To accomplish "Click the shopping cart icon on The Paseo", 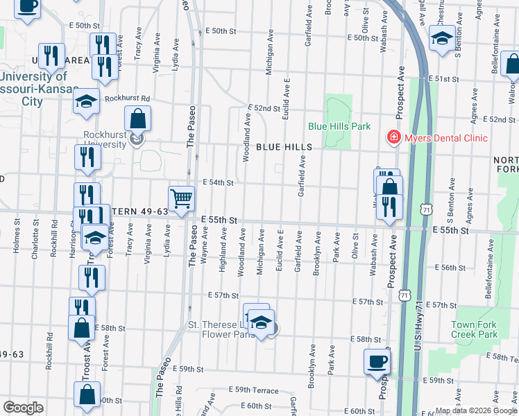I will click(181, 199).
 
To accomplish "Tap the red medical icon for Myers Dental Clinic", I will click(393, 138).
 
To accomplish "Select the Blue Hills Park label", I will click(339, 126).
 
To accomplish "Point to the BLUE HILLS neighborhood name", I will click(284, 147).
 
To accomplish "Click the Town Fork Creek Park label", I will click(474, 329).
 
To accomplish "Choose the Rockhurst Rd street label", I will click(128, 98).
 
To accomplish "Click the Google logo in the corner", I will click(23, 408).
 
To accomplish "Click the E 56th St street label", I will click(451, 268).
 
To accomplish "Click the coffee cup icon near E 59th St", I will click(377, 362).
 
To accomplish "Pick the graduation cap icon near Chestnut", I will click(442, 39).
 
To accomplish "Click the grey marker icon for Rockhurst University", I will click(137, 141).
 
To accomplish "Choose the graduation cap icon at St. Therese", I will click(261, 322).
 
